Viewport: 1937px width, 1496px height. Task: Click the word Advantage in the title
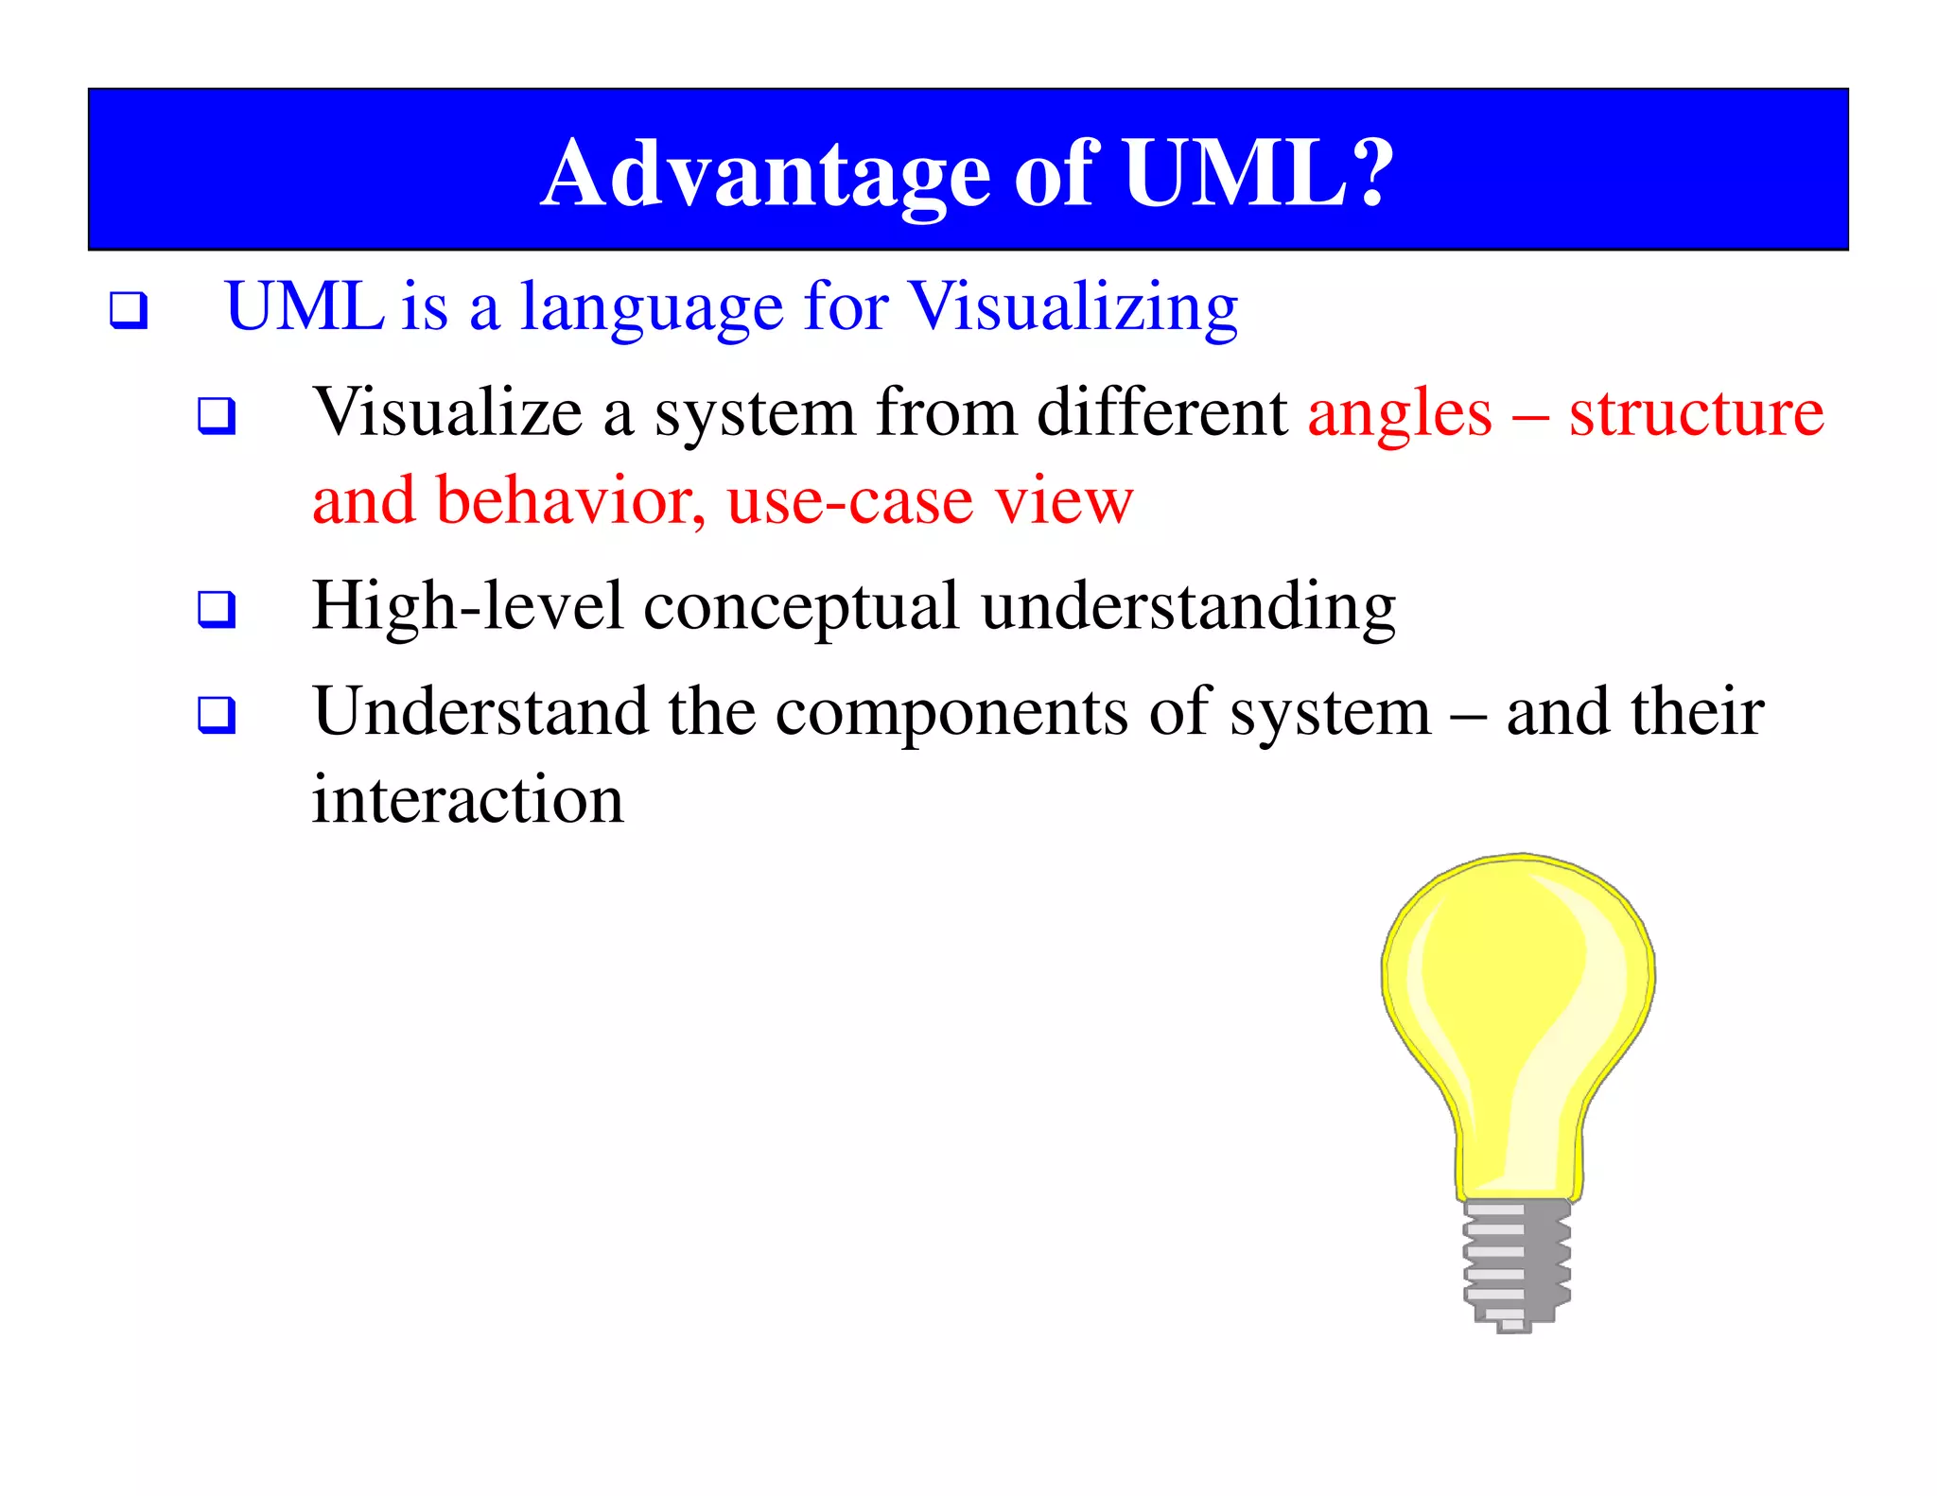(x=766, y=175)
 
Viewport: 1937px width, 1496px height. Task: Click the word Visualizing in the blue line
(x=1073, y=308)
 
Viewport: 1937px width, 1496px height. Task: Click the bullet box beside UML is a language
(x=129, y=310)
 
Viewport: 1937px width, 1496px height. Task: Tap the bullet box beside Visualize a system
(x=217, y=416)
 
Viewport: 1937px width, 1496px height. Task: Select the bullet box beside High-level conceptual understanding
(x=217, y=609)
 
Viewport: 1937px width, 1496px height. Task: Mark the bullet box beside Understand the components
(x=217, y=715)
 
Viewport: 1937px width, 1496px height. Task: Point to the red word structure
(x=1696, y=414)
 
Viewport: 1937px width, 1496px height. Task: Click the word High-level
(x=467, y=607)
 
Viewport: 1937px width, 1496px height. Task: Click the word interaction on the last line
(x=467, y=800)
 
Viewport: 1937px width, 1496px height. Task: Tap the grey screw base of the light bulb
(x=1516, y=1262)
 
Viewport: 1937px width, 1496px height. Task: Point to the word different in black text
(x=1161, y=414)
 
